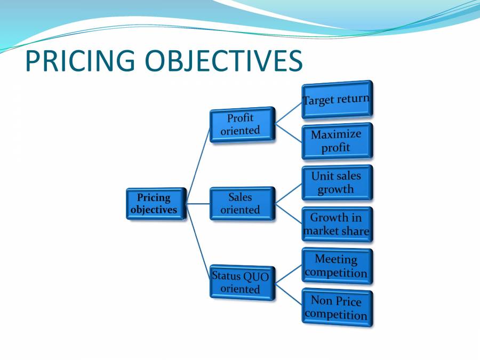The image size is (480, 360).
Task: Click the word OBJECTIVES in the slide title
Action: point(225,61)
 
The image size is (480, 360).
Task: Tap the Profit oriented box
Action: point(242,124)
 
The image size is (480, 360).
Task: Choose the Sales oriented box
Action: point(242,203)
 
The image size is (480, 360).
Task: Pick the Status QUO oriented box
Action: point(242,283)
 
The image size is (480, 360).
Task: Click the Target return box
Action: point(337,100)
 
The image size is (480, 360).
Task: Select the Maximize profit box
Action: point(337,141)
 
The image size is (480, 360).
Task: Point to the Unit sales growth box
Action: point(337,182)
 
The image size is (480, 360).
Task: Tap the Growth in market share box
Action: point(337,225)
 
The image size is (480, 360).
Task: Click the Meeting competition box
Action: point(337,266)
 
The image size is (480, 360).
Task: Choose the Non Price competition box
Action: point(337,308)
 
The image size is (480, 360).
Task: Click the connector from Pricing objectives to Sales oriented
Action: point(198,204)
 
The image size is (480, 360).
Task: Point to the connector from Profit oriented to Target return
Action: point(289,112)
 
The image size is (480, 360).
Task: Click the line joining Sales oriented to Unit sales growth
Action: point(289,193)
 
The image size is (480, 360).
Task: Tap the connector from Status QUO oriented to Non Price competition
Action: point(289,295)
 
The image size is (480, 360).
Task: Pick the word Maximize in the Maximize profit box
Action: point(336,134)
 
